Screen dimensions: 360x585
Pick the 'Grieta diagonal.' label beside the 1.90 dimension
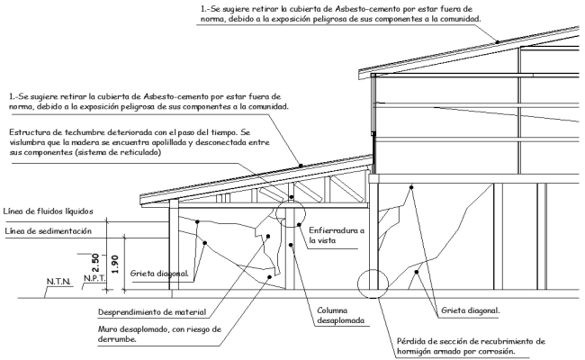(158, 273)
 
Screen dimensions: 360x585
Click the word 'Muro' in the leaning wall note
(106, 328)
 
